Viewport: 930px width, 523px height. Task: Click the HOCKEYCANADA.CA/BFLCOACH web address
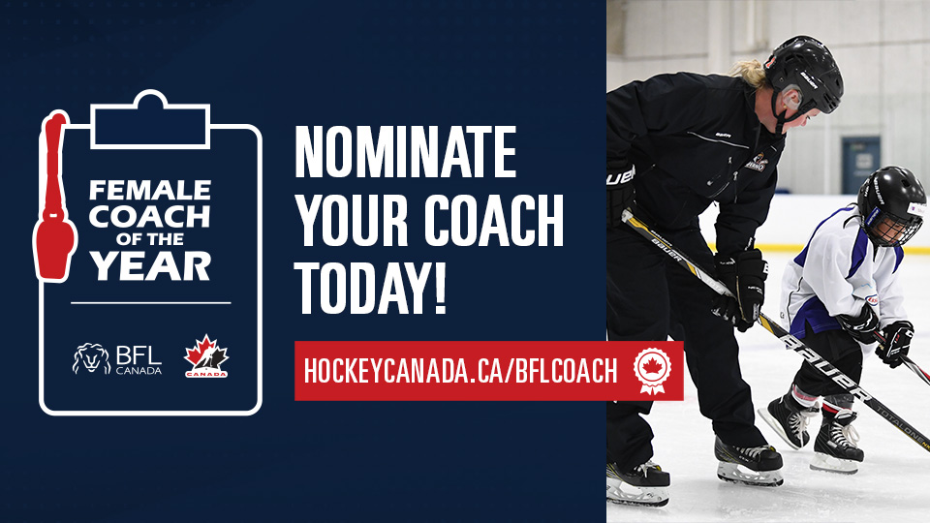click(460, 371)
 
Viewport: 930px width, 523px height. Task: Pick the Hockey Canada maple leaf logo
click(206, 356)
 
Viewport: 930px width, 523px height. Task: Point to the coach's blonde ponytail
click(752, 73)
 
